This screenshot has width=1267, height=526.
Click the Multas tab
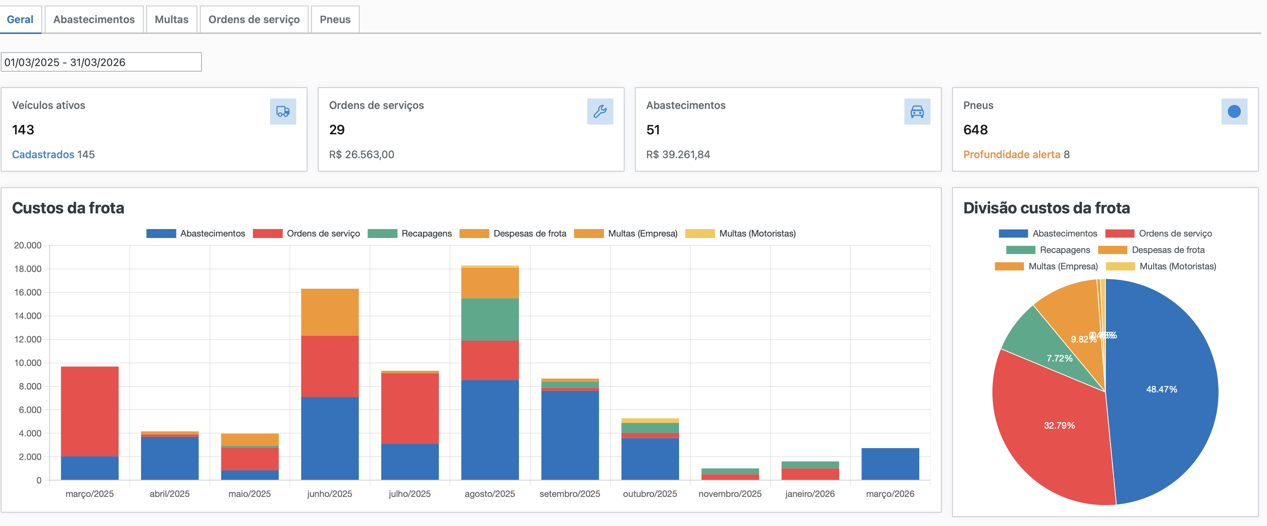[x=171, y=20]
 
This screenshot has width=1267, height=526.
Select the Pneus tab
[x=335, y=20]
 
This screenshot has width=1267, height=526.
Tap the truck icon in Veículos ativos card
[x=283, y=112]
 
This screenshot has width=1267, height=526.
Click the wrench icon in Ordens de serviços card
[x=600, y=112]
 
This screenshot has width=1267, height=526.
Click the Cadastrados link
[x=43, y=154]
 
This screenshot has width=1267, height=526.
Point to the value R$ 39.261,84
[x=678, y=154]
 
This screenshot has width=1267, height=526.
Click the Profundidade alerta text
[x=1011, y=154]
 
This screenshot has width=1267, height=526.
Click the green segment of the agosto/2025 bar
[x=490, y=320]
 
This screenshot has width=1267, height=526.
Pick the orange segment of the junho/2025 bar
[x=329, y=312]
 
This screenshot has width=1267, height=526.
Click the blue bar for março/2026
[x=890, y=464]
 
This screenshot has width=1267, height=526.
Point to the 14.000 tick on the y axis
[x=28, y=316]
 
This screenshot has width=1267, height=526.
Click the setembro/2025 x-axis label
[x=570, y=494]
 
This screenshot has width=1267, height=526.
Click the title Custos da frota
[x=68, y=208]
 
